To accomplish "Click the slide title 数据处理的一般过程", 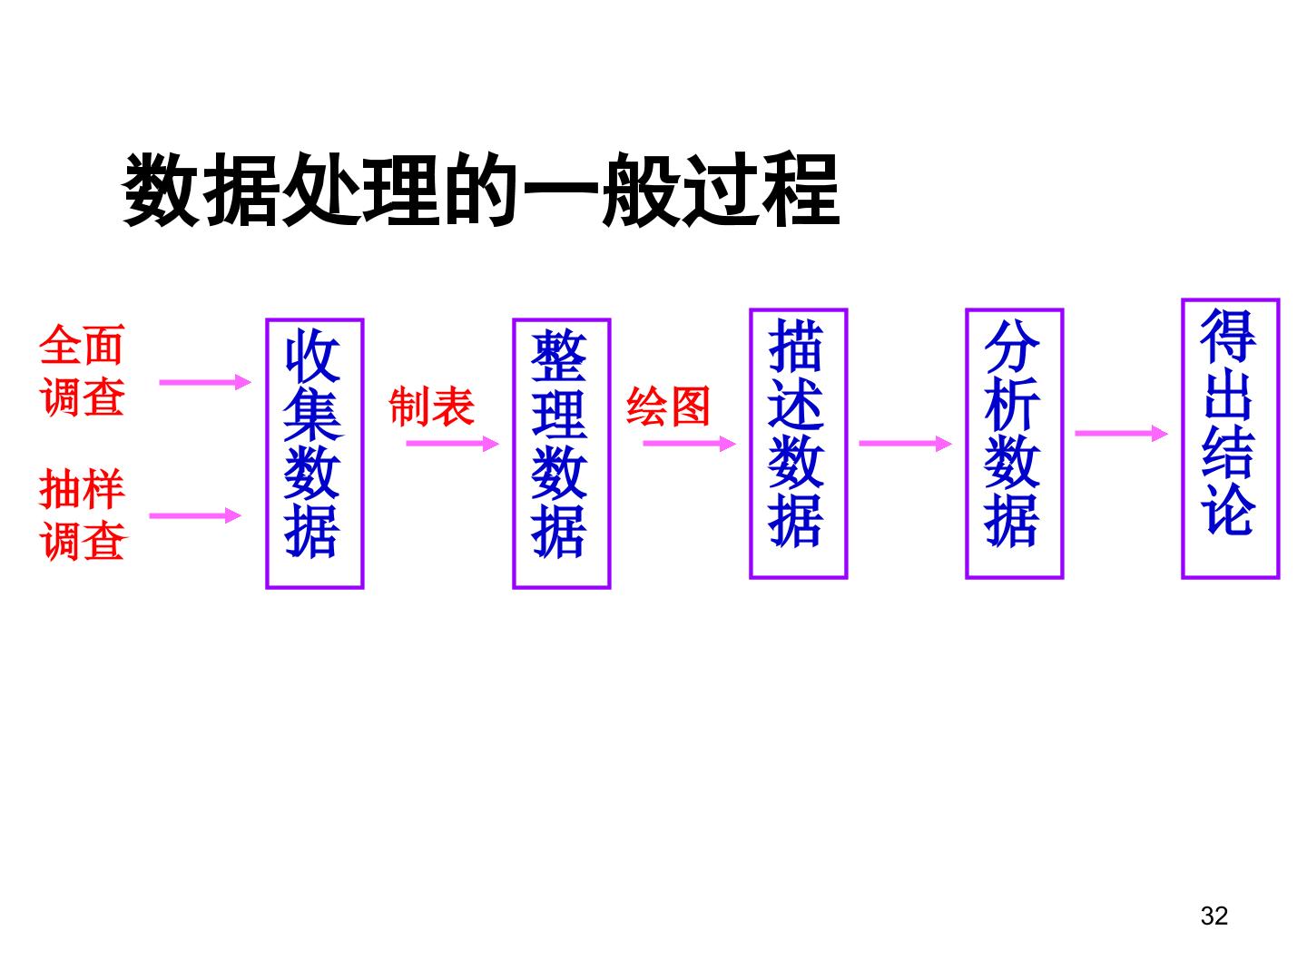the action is [480, 190].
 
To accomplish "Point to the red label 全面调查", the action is [83, 370].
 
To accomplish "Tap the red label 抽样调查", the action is [83, 514].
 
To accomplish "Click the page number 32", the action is [1214, 916].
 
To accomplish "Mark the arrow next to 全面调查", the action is [205, 382].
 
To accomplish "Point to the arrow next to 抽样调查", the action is [195, 515].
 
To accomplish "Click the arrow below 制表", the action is [453, 444].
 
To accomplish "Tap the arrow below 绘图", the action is [690, 444].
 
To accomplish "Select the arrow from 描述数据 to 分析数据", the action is [905, 444].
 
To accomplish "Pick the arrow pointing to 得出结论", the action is [1121, 433].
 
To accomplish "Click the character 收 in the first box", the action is [312, 356].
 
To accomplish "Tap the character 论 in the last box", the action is [1228, 509].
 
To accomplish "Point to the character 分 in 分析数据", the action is [1012, 346].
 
